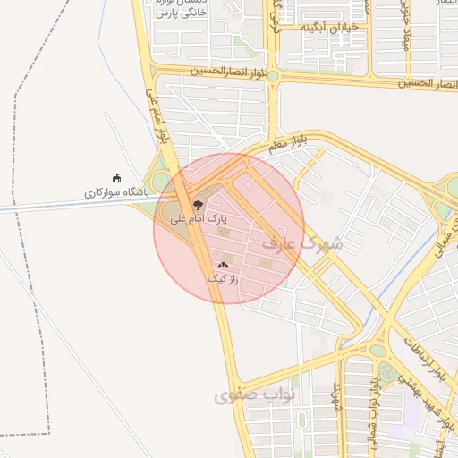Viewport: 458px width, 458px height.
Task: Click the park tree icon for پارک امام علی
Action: click(x=199, y=206)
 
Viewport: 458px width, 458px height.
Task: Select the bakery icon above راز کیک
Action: click(x=224, y=266)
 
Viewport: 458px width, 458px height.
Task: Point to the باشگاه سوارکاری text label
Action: click(x=115, y=192)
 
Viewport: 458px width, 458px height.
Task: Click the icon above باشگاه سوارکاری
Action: click(x=116, y=179)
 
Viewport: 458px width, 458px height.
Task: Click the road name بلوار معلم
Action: click(x=286, y=141)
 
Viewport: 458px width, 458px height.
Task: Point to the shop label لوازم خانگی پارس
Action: click(x=182, y=12)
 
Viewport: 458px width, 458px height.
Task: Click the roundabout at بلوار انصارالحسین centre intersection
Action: click(x=273, y=76)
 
